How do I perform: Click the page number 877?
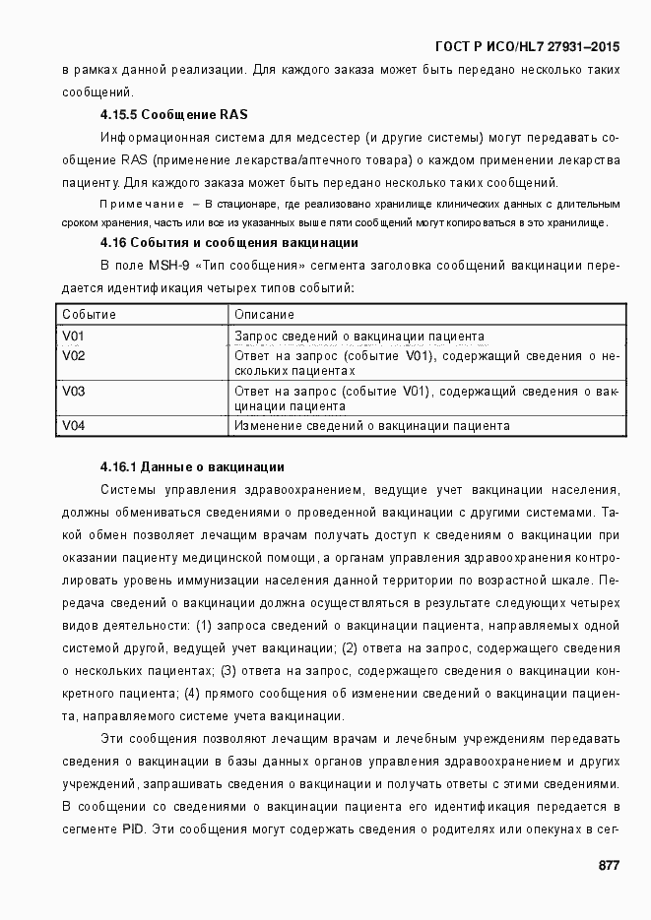609,865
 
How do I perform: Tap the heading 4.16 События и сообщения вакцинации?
228,242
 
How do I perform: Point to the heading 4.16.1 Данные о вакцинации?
192,465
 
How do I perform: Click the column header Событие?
90,315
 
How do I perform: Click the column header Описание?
264,315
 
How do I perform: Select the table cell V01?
74,336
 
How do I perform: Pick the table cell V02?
74,356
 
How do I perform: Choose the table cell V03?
74,392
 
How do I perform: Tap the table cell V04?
74,426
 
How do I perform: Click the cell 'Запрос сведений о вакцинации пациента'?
358,336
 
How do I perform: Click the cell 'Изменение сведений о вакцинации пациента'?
371,426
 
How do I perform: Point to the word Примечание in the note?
142,204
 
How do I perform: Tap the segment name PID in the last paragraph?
133,829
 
